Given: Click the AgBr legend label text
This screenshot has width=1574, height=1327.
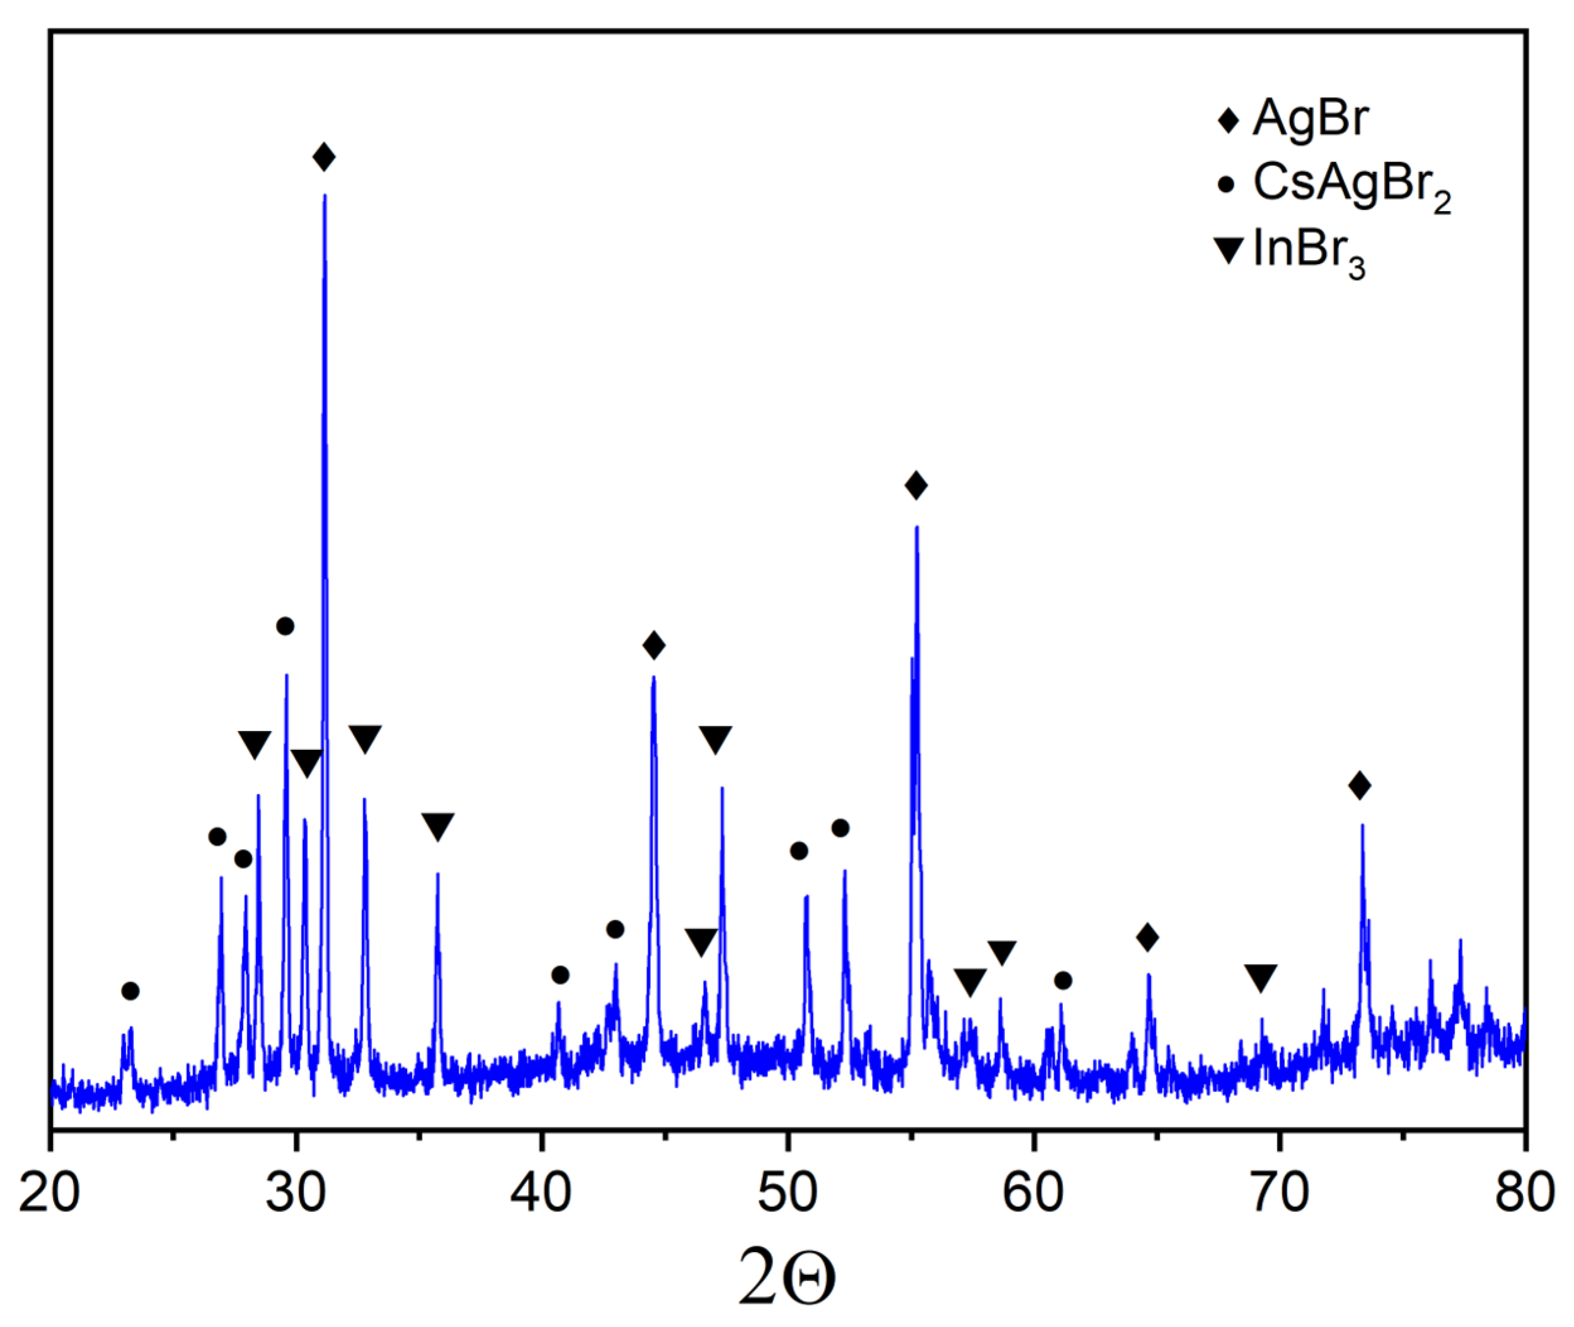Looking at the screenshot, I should click(x=1310, y=119).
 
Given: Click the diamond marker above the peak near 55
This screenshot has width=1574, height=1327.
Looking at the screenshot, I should click(x=916, y=485).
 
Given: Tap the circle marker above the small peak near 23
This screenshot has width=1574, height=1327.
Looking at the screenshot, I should click(x=130, y=991).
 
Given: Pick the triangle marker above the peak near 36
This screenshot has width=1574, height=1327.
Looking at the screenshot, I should click(x=437, y=826).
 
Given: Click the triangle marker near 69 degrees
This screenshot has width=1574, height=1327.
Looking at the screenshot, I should click(x=1261, y=977).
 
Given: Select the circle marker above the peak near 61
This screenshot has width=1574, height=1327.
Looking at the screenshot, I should click(x=1062, y=981).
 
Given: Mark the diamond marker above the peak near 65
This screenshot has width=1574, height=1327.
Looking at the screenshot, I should click(x=1147, y=938).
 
